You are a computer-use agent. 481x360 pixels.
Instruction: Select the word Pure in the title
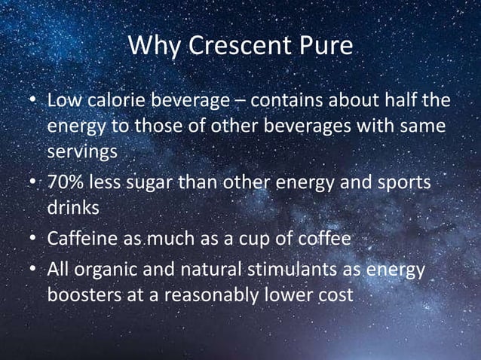point(324,47)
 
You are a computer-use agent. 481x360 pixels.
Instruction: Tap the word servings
point(82,151)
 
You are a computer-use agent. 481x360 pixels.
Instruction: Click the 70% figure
point(67,185)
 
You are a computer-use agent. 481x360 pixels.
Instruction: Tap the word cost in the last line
point(335,295)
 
